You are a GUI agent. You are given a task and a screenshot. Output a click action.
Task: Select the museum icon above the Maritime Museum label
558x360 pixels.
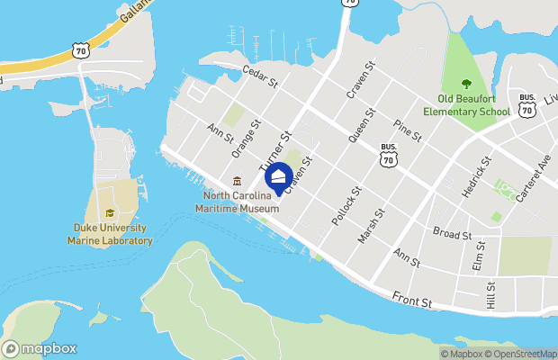(x=238, y=182)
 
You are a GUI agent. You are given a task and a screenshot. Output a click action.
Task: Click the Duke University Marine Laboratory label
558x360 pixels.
(x=111, y=234)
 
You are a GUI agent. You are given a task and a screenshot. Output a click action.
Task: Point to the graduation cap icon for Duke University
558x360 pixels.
(x=110, y=213)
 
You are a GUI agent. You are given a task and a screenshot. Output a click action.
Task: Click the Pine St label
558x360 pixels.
(x=408, y=130)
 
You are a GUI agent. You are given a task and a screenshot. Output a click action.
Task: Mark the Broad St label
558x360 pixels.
(x=453, y=235)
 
